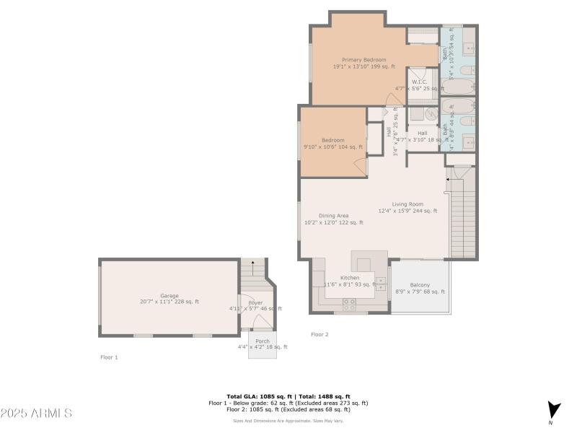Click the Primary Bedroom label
[x=364, y=60]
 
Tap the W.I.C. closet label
[x=420, y=82]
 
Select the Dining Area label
[x=334, y=216]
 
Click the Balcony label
[x=420, y=285]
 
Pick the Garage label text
[x=169, y=296]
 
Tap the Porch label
[x=263, y=341]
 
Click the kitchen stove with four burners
[x=350, y=302]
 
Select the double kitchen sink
[x=381, y=284]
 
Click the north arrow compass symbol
[x=553, y=410]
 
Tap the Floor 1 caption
[x=109, y=357]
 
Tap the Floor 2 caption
[x=320, y=334]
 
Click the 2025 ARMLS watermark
[x=36, y=414]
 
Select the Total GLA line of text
[x=288, y=397]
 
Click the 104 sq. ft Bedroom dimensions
[x=333, y=146]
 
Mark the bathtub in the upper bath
[x=457, y=87]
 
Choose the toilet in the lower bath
[x=467, y=121]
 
